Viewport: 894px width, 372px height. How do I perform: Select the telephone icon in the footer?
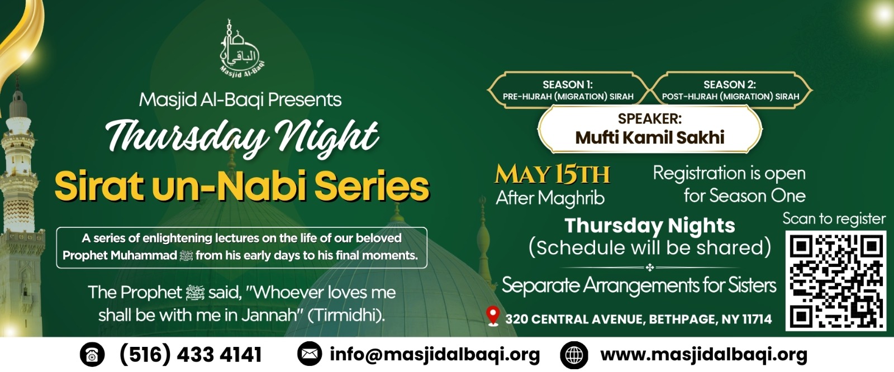tap(92, 355)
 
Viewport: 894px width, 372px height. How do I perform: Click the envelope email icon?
tap(310, 354)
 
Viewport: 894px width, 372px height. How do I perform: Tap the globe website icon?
tap(574, 355)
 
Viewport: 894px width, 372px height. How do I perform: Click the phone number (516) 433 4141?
tap(191, 355)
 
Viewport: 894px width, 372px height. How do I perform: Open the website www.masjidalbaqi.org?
tap(703, 355)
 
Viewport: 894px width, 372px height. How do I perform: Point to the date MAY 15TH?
tap(553, 175)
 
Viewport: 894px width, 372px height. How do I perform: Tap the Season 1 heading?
tap(568, 84)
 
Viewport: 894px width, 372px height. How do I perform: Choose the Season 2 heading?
tap(730, 84)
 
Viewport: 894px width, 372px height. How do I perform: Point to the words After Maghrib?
tap(550, 198)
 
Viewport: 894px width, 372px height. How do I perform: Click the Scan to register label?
tap(834, 219)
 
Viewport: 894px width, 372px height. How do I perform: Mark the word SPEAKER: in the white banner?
tap(650, 118)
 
